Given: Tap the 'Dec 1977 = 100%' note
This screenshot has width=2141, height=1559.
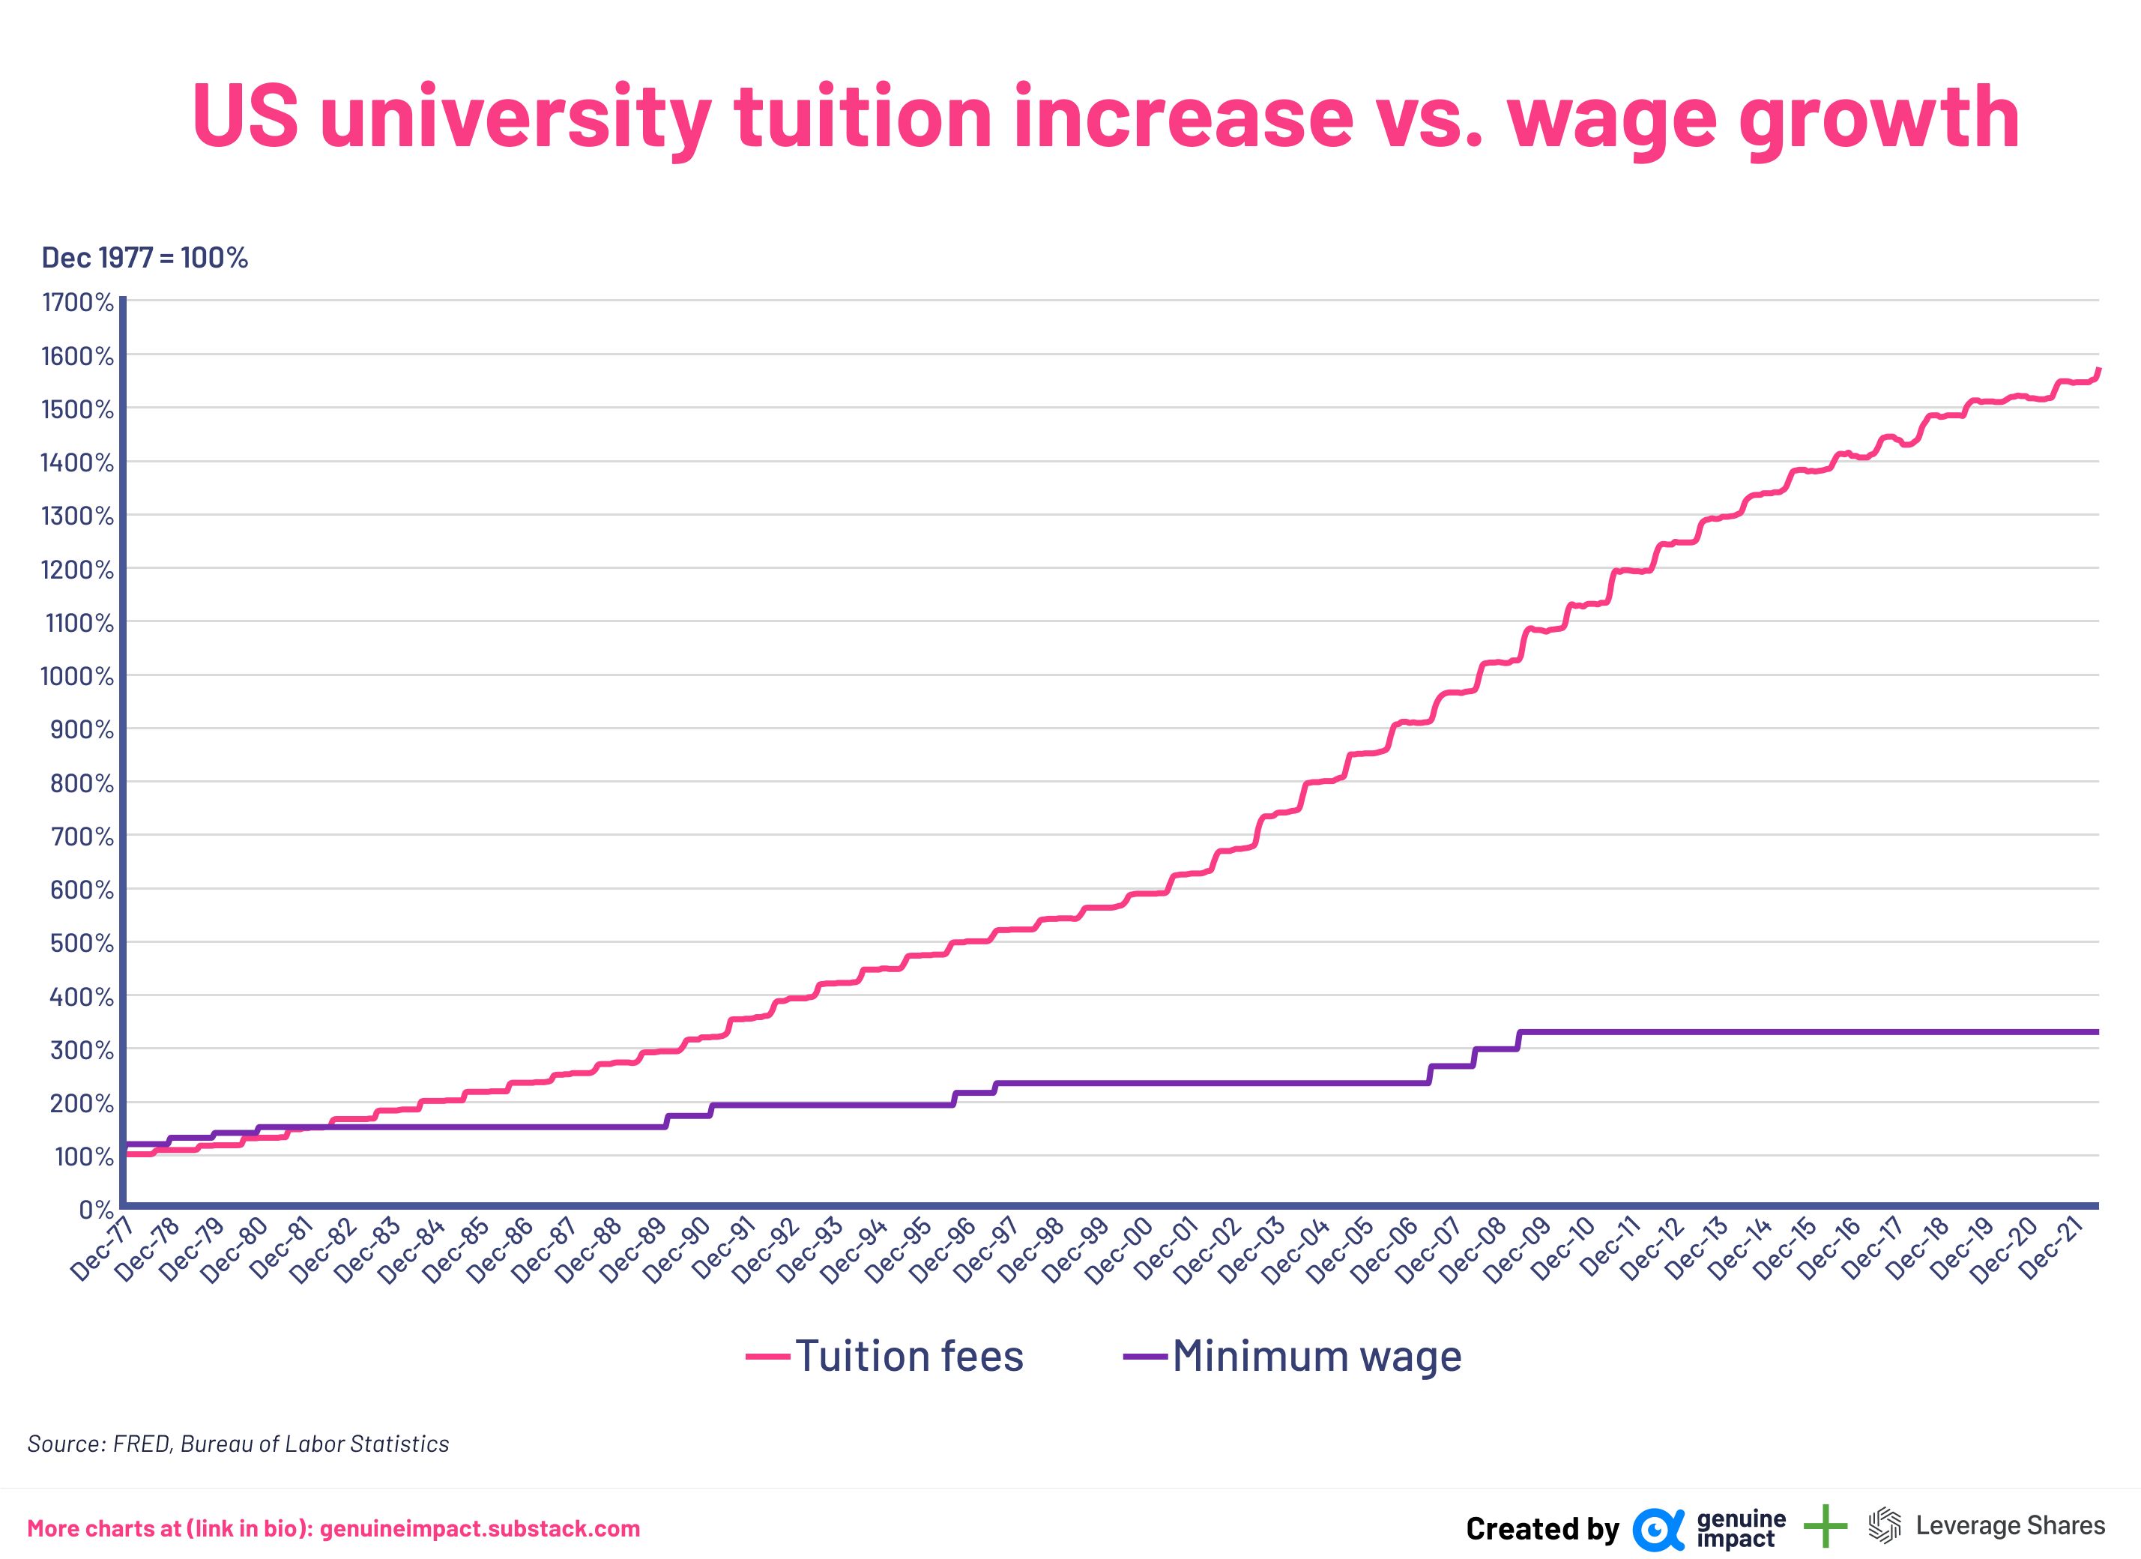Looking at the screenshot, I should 145,258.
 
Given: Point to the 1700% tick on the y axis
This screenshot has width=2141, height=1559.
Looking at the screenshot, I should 77,302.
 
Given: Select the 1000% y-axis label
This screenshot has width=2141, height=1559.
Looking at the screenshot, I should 77,676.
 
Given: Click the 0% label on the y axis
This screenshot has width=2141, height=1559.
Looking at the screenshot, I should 95,1210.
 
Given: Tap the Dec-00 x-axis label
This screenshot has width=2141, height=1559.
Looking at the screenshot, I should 1120,1250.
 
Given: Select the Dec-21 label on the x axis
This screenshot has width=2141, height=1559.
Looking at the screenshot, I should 2050,1249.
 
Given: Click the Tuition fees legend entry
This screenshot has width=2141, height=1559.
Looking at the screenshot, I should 908,1356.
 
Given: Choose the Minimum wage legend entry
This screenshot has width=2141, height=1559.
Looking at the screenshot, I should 1316,1356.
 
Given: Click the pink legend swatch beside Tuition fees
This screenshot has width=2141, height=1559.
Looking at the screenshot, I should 767,1357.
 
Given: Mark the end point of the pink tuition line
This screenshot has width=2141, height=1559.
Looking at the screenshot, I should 2098,370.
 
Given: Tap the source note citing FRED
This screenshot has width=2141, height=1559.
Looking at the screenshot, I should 238,1444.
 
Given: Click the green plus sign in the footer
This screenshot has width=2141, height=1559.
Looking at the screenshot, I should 1825,1526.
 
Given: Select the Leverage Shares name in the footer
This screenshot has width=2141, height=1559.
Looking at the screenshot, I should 2010,1526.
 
